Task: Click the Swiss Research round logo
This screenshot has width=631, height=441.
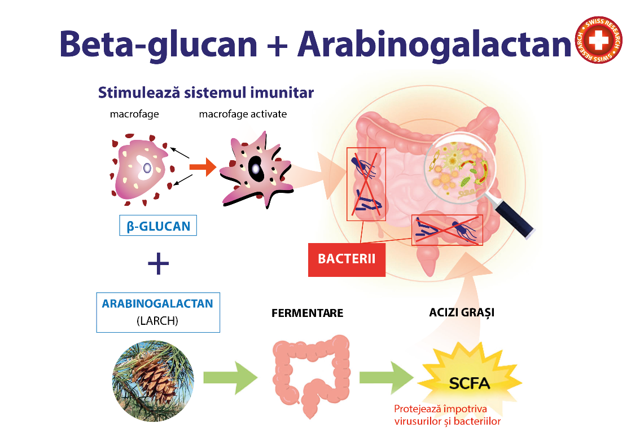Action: pos(598,40)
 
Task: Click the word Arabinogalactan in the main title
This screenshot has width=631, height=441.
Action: pos(434,45)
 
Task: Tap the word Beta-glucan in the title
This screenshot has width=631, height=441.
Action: pos(158,45)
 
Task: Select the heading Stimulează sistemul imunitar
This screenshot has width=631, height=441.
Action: pos(205,93)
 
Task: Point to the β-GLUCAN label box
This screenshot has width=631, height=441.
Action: pos(158,226)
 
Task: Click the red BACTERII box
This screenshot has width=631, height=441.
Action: pos(347,259)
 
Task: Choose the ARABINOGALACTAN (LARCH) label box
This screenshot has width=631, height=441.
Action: pos(158,312)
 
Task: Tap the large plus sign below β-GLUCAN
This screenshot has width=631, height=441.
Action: pos(158,263)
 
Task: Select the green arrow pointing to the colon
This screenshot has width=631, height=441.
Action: pos(230,377)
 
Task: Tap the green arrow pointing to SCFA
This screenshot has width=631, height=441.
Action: pos(386,377)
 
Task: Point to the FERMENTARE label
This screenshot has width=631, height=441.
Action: pos(308,313)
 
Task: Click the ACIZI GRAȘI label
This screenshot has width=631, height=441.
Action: pos(462,313)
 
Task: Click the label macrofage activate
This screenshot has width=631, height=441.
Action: pos(243,114)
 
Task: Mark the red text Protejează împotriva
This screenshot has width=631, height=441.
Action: pos(440,409)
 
